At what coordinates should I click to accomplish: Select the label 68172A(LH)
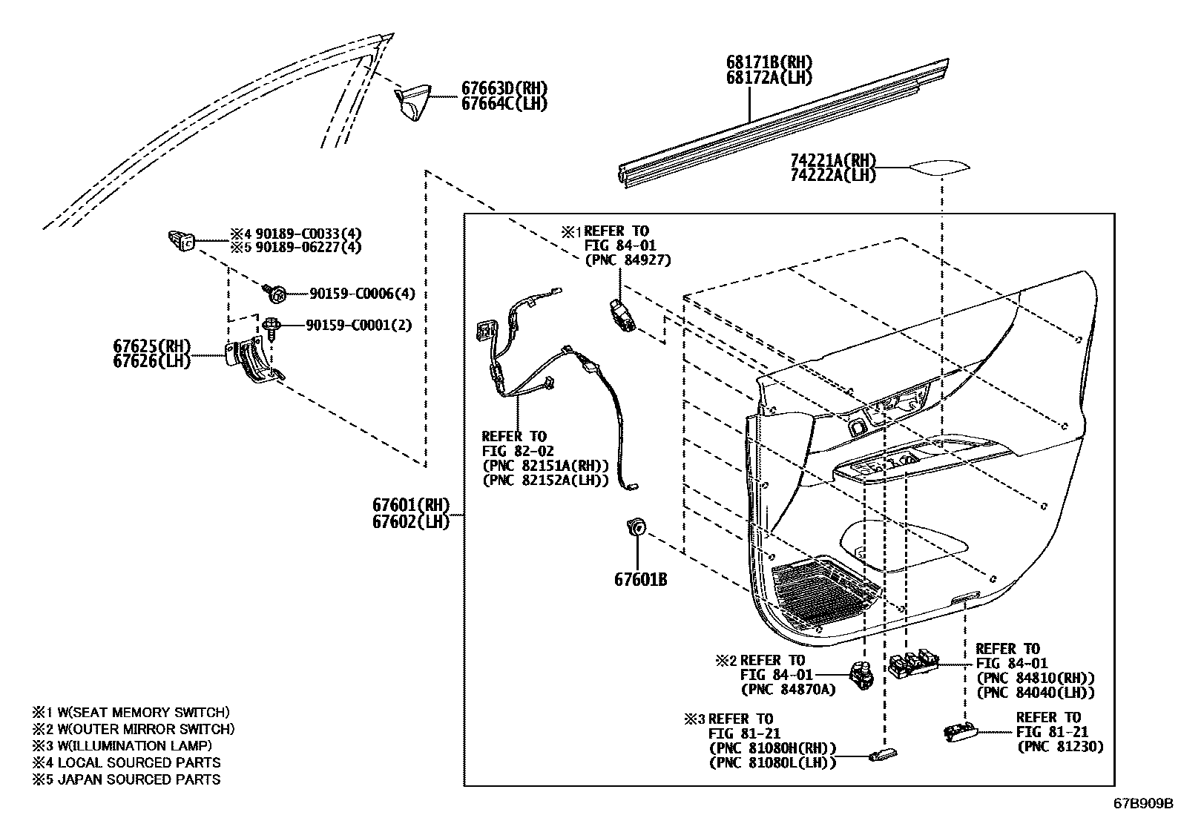tap(769, 77)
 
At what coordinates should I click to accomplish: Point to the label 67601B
tap(640, 579)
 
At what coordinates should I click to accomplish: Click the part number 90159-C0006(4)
tap(362, 294)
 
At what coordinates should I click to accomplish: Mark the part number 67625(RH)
tap(152, 346)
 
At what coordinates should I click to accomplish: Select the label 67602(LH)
tap(411, 521)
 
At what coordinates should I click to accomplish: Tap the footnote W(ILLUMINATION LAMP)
tap(130, 746)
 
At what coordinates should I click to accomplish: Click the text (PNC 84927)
tap(627, 260)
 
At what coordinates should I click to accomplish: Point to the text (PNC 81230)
tap(1059, 746)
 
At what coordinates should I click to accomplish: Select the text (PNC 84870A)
tap(788, 690)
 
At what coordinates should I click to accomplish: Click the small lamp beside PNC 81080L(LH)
tap(882, 756)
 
